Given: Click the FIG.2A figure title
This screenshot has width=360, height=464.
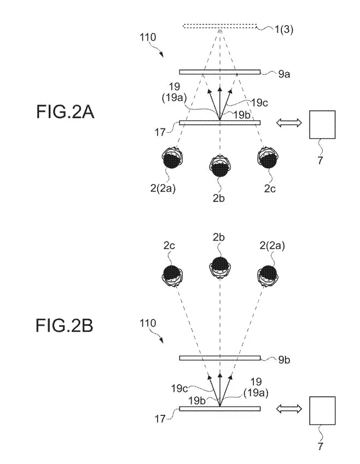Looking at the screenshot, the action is (x=65, y=112).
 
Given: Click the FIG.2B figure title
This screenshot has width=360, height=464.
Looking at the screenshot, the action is (x=65, y=325).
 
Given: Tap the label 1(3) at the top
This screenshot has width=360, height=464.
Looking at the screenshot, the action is (x=284, y=30).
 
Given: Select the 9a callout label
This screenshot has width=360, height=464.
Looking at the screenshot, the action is (x=284, y=74).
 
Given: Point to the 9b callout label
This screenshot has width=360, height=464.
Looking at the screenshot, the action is (x=284, y=360).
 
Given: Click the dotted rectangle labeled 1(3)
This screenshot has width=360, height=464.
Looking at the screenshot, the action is (x=220, y=27).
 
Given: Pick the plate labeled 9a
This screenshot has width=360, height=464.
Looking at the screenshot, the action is (x=220, y=72).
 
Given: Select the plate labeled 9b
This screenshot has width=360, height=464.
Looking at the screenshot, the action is (x=220, y=358).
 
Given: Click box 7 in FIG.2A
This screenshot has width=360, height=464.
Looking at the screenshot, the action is (x=322, y=125).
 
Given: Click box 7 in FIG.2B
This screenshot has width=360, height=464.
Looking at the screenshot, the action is (x=322, y=411).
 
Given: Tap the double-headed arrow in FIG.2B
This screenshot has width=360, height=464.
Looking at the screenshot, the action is (x=289, y=409).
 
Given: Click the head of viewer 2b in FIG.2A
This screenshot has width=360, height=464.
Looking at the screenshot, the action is (x=220, y=166).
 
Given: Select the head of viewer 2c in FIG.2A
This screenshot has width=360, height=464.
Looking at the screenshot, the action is (x=268, y=157).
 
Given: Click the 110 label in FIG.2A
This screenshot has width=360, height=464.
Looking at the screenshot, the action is (x=148, y=38).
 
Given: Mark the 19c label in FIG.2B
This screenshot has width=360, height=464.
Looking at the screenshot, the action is (x=179, y=388).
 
